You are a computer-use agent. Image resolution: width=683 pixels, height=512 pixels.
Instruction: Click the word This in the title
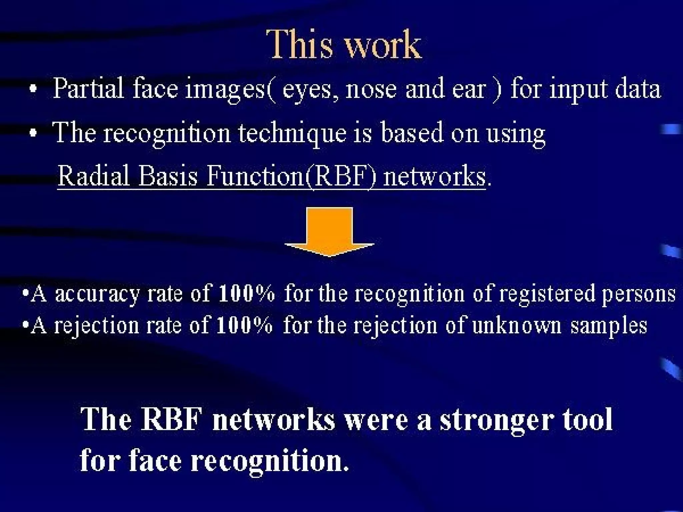302,45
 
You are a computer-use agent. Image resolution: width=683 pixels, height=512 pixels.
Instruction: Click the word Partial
88,89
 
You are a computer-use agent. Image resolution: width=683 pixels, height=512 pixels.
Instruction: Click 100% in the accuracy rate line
246,294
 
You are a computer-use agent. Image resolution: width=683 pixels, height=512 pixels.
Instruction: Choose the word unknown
517,326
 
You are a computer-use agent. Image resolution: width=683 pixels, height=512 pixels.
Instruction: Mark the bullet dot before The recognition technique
33,134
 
